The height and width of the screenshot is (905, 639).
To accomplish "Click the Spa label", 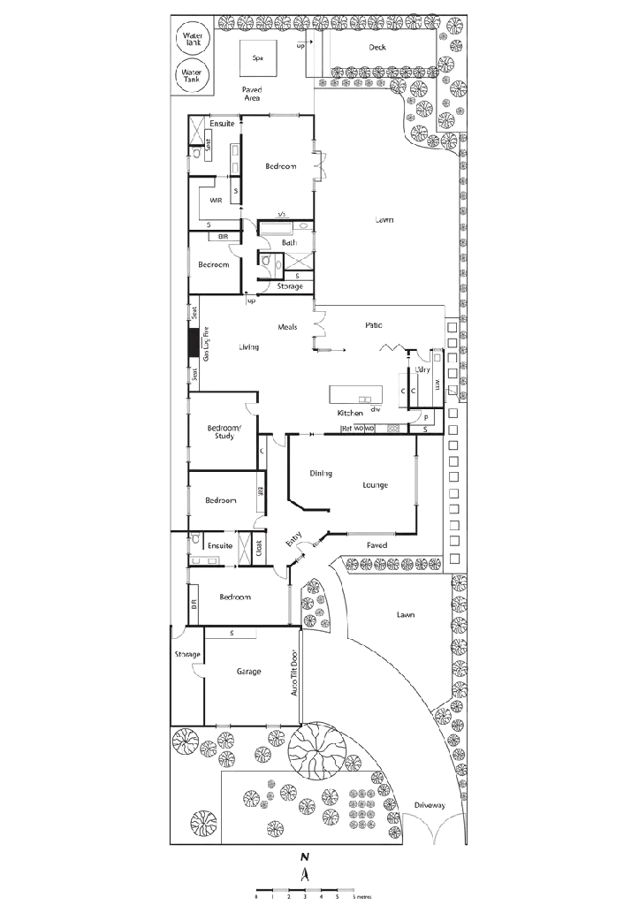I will pyautogui.click(x=257, y=58).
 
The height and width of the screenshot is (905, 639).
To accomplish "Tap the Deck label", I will pyautogui.click(x=378, y=48).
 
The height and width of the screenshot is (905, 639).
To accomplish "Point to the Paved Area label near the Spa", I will pyautogui.click(x=252, y=94).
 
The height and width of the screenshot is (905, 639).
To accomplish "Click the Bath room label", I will pyautogui.click(x=288, y=241).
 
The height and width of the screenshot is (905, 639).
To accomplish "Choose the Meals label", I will pyautogui.click(x=286, y=327).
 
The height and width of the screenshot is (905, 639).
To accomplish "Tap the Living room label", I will pyautogui.click(x=249, y=346).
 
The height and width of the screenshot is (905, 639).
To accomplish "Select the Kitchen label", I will pyautogui.click(x=351, y=413).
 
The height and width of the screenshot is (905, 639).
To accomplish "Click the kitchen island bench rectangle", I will pyautogui.click(x=358, y=394).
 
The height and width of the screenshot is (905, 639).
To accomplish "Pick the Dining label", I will pyautogui.click(x=319, y=474).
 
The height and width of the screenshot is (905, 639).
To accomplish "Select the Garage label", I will pyautogui.click(x=248, y=672).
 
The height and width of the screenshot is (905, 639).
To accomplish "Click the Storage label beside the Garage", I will pyautogui.click(x=187, y=655).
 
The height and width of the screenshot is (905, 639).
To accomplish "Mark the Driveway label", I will pyautogui.click(x=428, y=805).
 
